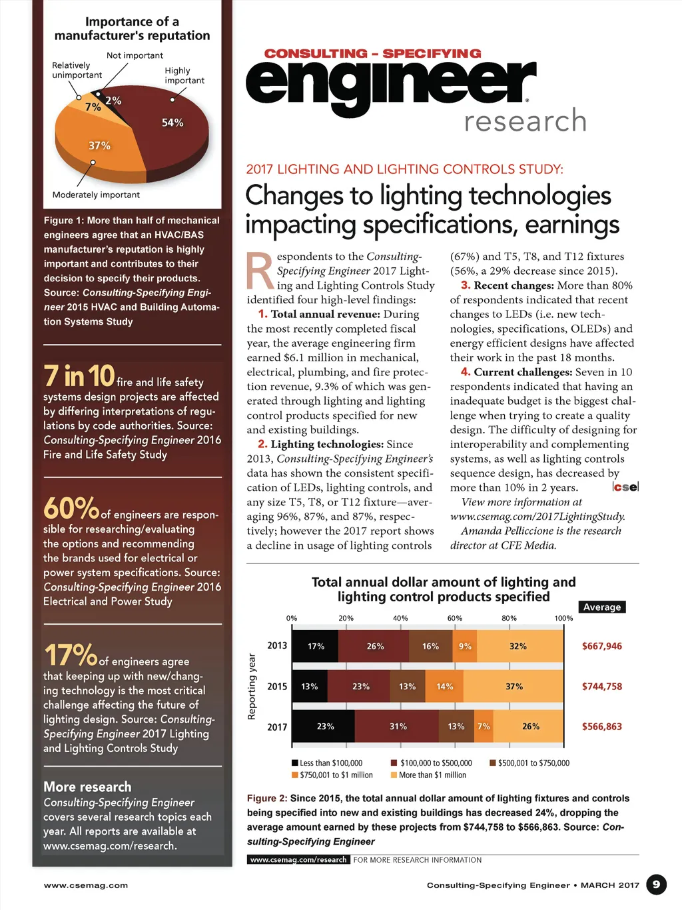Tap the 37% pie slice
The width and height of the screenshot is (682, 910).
coord(100,146)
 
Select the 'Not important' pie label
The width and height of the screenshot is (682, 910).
coord(135,55)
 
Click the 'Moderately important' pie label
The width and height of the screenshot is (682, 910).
coord(96,195)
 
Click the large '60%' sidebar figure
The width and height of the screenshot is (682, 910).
coord(71,509)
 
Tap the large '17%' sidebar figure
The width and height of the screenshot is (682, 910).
coord(71,655)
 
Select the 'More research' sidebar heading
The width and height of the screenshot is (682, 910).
coord(87,787)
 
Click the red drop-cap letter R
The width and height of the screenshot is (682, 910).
coord(259,271)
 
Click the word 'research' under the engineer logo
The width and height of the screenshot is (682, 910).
coord(525,121)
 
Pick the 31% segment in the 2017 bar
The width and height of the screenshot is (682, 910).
coord(398,727)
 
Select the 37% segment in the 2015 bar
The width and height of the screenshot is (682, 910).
coord(514,687)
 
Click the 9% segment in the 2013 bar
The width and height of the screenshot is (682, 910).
coord(465,646)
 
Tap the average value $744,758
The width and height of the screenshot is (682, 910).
coord(602,687)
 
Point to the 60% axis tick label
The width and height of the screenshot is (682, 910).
coord(455,618)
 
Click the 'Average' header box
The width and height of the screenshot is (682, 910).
coord(602,607)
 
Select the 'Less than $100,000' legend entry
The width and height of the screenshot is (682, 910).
coord(327,763)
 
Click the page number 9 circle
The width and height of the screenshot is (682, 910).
coord(656,885)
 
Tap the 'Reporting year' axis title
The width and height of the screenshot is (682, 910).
coord(252,687)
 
